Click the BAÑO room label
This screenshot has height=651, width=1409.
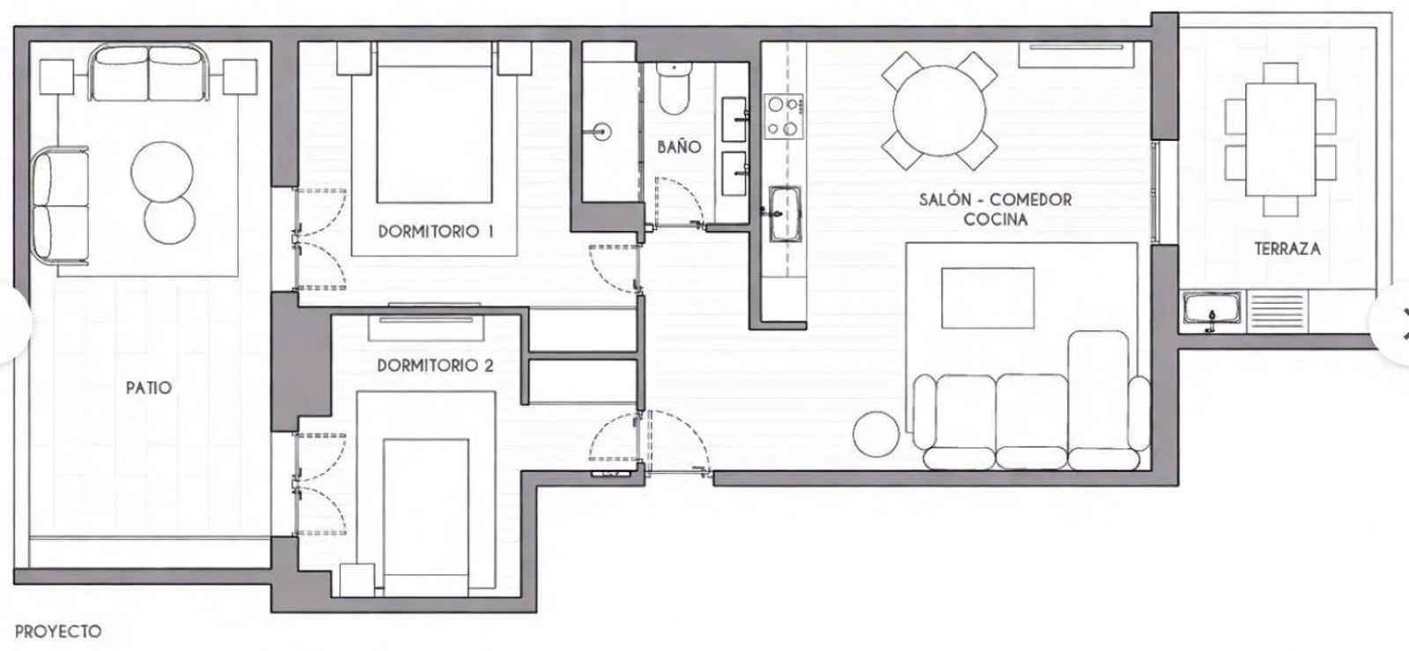coord(678,146)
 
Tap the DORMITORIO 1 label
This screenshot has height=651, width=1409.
coord(435,232)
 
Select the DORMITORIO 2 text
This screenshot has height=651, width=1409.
coord(435,365)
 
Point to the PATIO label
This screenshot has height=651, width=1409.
coord(149,388)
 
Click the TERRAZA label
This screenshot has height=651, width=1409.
coord(1287,249)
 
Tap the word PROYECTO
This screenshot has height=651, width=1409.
coord(58,632)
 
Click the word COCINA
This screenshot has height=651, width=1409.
coord(995,219)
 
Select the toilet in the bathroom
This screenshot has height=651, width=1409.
coord(674,90)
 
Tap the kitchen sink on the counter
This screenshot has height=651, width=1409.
coord(783,212)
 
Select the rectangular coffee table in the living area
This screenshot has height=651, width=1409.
coord(988,298)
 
